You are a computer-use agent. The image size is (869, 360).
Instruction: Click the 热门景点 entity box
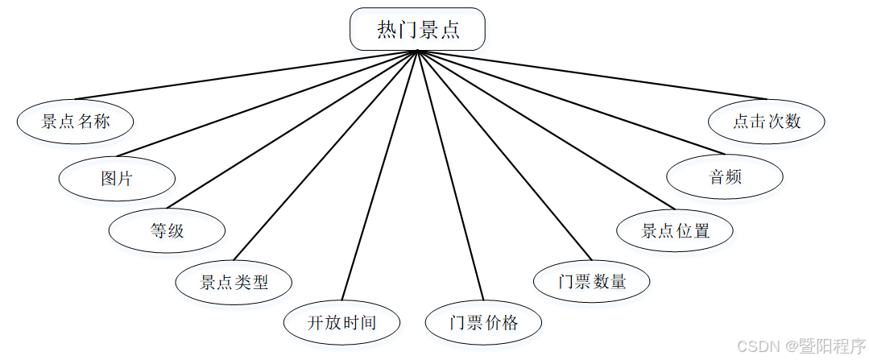pyautogui.click(x=417, y=29)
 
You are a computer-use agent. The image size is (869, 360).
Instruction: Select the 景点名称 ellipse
pyautogui.click(x=75, y=122)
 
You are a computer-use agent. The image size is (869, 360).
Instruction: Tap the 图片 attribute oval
pyautogui.click(x=117, y=178)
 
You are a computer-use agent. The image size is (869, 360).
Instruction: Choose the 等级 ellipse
pyautogui.click(x=167, y=230)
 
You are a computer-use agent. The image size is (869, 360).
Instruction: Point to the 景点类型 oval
pyautogui.click(x=234, y=282)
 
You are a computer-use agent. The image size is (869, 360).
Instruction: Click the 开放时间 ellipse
pyautogui.click(x=341, y=323)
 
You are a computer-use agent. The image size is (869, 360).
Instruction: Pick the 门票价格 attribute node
pyautogui.click(x=483, y=323)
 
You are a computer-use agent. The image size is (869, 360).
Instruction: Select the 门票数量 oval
pyautogui.click(x=592, y=281)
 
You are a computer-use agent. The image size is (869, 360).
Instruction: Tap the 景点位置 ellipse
pyautogui.click(x=675, y=230)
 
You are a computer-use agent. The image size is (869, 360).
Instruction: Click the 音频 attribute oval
pyautogui.click(x=725, y=176)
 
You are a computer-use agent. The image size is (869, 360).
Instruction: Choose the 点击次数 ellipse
pyautogui.click(x=767, y=122)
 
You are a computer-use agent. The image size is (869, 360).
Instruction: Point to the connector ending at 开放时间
pyautogui.click(x=380, y=175)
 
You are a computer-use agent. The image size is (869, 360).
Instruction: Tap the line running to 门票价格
pyautogui.click(x=450, y=175)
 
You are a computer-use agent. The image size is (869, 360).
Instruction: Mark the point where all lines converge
pyautogui.click(x=417, y=51)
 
